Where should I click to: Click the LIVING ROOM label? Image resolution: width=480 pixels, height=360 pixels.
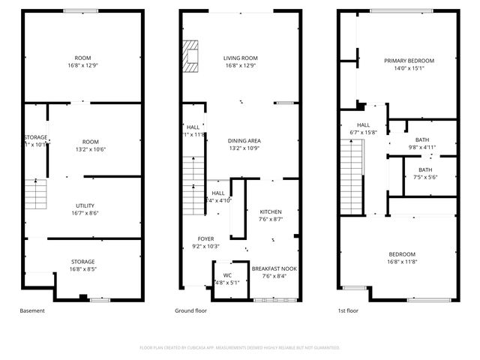click(x=240, y=58)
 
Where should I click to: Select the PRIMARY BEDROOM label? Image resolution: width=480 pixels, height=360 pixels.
click(x=409, y=61)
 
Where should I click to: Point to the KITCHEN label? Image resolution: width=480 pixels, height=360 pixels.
click(x=271, y=211)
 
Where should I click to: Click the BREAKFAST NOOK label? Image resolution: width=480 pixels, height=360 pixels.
click(x=274, y=268)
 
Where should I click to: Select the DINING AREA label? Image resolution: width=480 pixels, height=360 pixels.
click(x=244, y=140)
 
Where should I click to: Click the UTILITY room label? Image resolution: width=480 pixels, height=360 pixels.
click(x=84, y=205)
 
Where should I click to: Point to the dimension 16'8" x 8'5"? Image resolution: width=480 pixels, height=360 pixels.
click(x=83, y=268)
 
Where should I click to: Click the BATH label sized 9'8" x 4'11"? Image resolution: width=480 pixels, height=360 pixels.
click(x=422, y=139)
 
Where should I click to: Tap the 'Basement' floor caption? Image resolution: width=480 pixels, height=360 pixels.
click(x=32, y=310)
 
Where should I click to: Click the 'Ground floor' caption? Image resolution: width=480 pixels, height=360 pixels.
click(x=191, y=310)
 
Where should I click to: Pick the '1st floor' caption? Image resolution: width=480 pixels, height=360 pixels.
click(x=348, y=310)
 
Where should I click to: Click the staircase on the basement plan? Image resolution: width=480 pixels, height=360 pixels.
click(x=35, y=194)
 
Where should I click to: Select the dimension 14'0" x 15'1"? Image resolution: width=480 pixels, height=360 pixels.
click(x=409, y=68)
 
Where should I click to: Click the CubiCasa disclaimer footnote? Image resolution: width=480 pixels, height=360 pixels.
click(x=240, y=347)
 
